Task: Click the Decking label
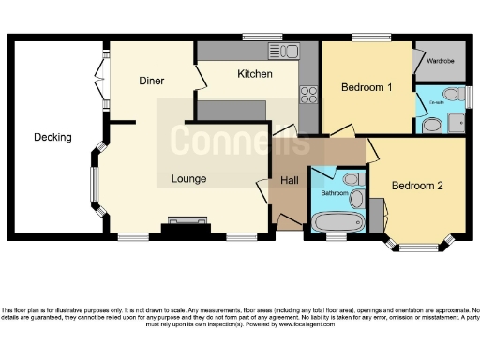(x=52, y=137)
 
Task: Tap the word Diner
(x=152, y=81)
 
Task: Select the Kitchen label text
(x=254, y=74)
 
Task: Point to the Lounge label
(x=188, y=178)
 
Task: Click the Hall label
(x=289, y=180)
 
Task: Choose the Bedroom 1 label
(x=366, y=87)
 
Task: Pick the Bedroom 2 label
(x=417, y=186)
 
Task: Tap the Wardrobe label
(x=441, y=61)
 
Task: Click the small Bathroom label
(x=335, y=193)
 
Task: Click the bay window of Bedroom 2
(x=419, y=246)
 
